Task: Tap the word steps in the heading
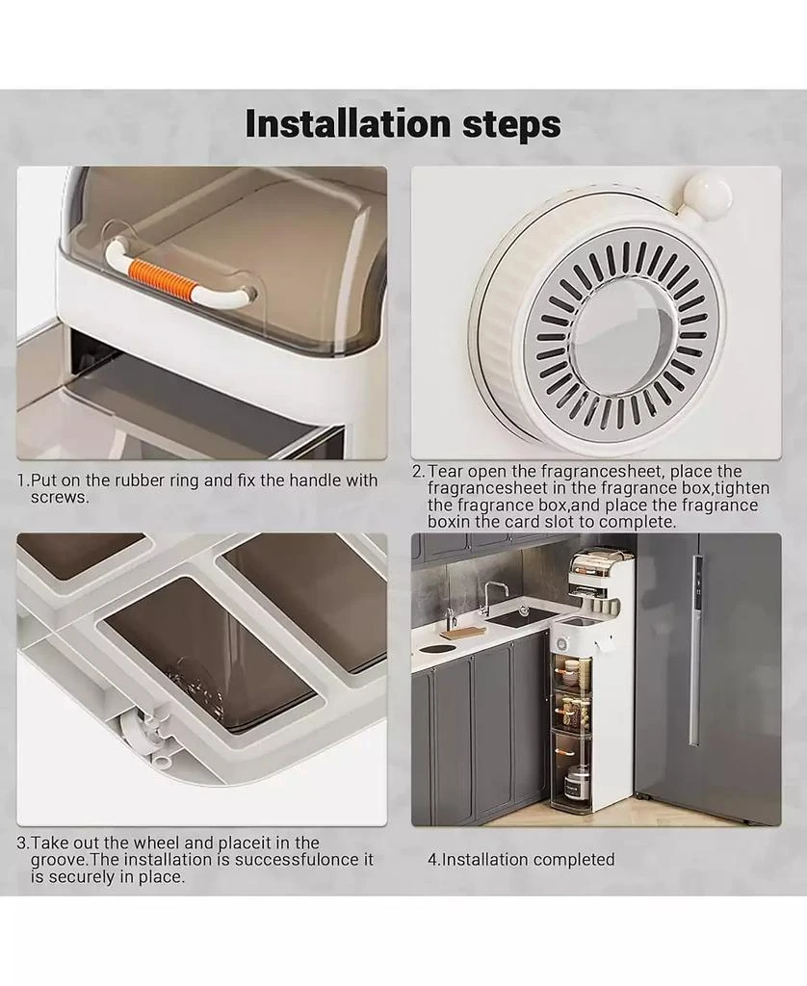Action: coord(511,125)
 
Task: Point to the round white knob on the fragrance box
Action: coord(708,195)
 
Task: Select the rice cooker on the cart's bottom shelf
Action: coord(572,783)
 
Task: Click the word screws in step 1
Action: coord(59,498)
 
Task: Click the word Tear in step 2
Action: coord(446,472)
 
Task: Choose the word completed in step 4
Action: coord(572,860)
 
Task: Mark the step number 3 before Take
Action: coord(21,843)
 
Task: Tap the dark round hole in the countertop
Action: coord(434,648)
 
